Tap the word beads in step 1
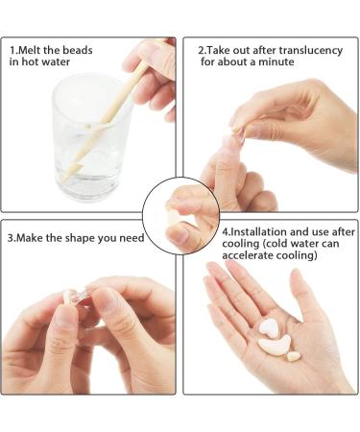click(84, 49)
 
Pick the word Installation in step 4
click(260, 233)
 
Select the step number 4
click(227, 233)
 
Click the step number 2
click(201, 49)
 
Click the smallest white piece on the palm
click(293, 356)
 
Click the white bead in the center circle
click(174, 218)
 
